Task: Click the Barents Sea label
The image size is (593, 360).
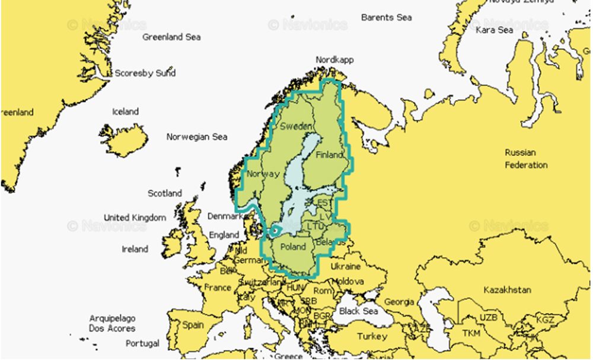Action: coord(386,17)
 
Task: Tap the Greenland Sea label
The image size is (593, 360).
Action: coord(171,37)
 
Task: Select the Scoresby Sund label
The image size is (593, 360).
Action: coord(145,74)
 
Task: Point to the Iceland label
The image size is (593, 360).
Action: coord(125,111)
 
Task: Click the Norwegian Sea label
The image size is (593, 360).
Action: coord(197,137)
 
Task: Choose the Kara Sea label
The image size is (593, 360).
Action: coord(494,30)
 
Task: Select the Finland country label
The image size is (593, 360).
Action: coord(329,155)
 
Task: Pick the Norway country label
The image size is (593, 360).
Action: coord(262,174)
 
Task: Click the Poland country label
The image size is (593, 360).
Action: coord(293,247)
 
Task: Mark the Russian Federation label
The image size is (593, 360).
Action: coord(526,159)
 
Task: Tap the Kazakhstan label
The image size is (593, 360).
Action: coord(507,290)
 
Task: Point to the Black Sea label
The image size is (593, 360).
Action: coord(358,311)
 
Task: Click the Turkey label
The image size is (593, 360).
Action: coord(372,336)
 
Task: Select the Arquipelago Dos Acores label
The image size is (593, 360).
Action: coord(112,323)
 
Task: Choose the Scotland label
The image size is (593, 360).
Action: coord(165,193)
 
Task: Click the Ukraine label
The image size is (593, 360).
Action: coord(345,267)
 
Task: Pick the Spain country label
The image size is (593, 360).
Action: coord(193,325)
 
